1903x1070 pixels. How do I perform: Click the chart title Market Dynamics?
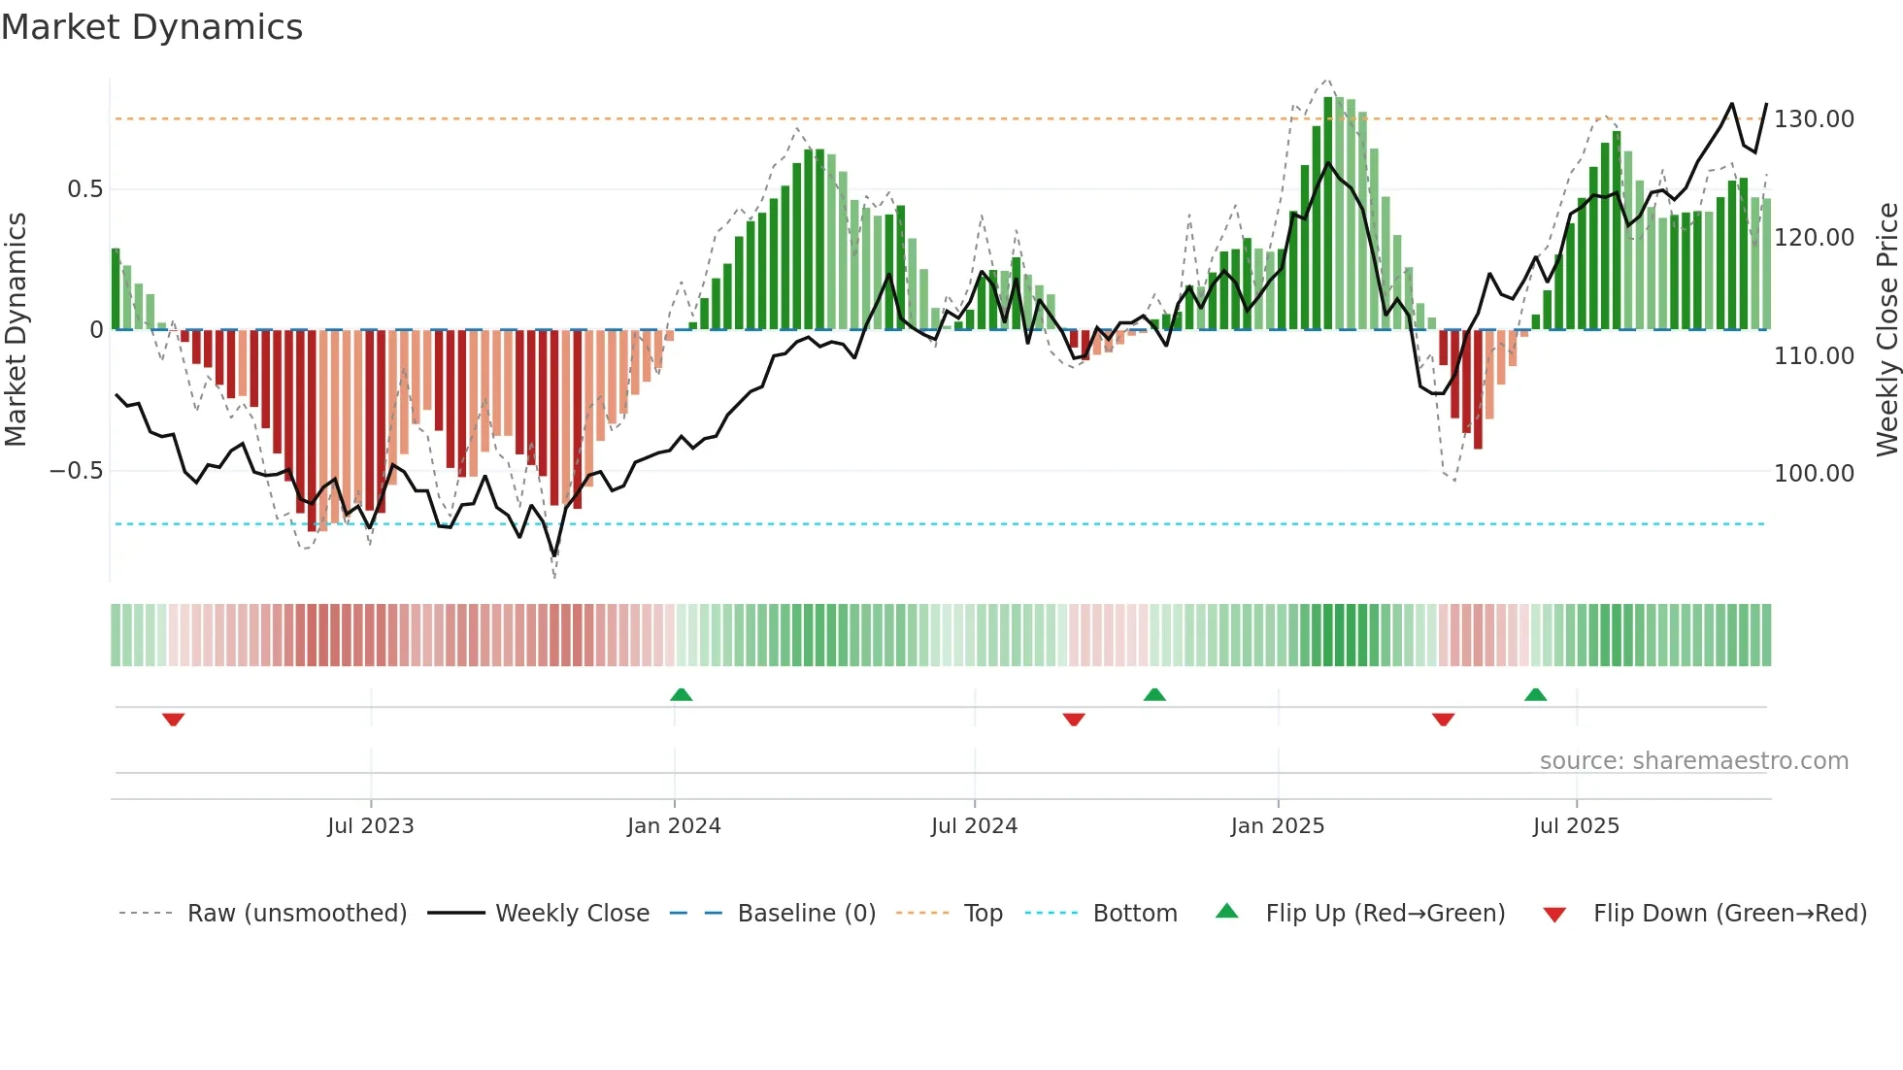(x=152, y=27)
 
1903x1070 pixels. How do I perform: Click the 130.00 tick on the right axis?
(x=1814, y=119)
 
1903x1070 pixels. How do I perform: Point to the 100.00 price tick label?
(x=1814, y=474)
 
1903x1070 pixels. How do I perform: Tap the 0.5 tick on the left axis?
(x=84, y=189)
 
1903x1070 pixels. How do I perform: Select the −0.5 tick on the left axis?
(x=76, y=471)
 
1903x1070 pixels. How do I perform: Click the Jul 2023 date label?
(x=370, y=826)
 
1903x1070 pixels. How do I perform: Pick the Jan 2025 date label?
(x=1277, y=826)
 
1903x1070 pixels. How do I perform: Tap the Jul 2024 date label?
(x=974, y=826)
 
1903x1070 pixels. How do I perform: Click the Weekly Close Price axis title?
(x=1886, y=330)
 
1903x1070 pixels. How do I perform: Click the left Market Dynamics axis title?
(x=16, y=330)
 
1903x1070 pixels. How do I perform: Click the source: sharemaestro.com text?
(x=1693, y=761)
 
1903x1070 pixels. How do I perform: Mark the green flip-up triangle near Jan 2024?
(x=682, y=695)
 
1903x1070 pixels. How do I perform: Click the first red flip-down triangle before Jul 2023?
(x=174, y=719)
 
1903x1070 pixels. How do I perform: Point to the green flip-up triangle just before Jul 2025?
(x=1535, y=695)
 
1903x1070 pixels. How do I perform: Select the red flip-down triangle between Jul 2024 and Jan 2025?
(x=1074, y=719)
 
